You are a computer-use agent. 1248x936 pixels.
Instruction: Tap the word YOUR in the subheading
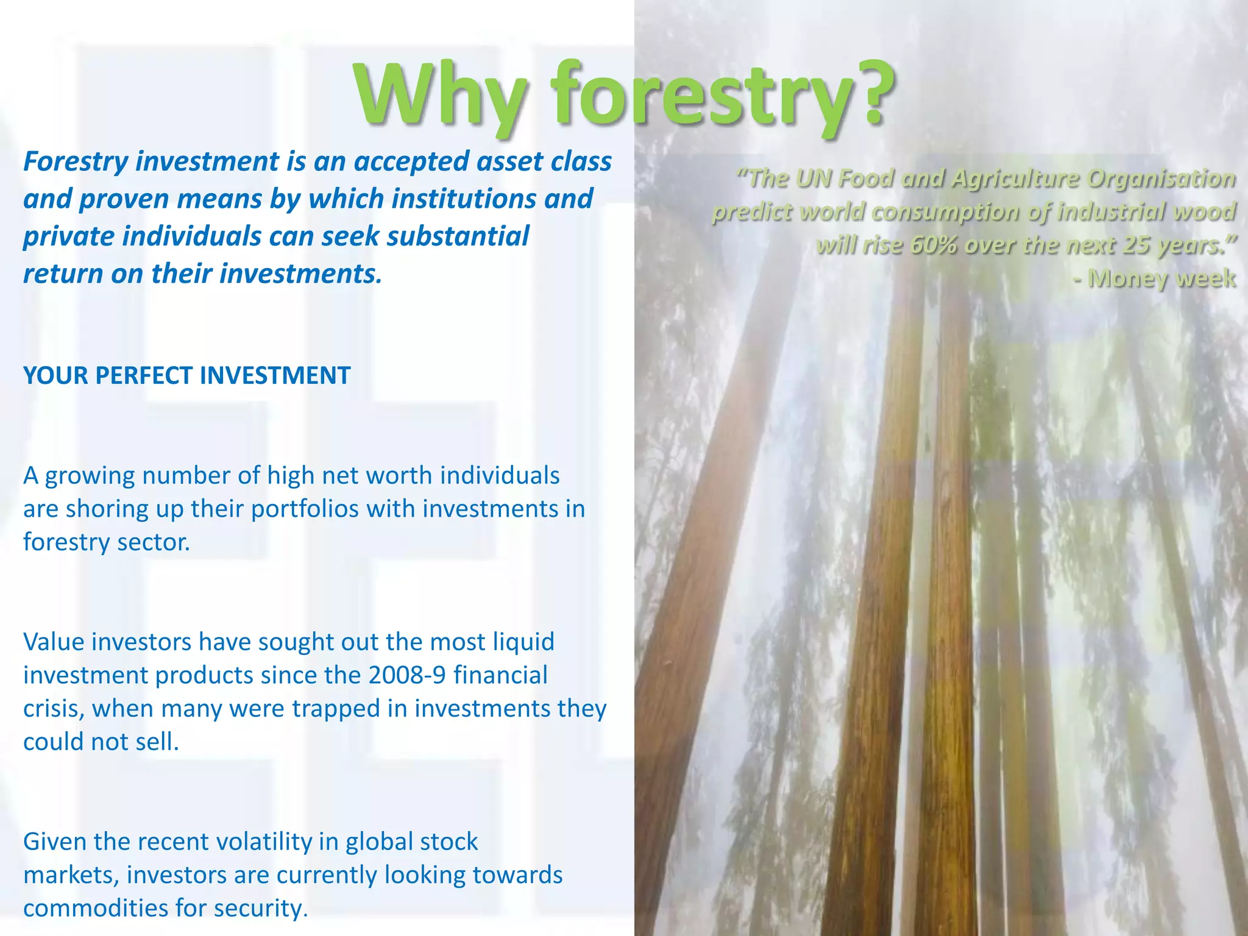pos(55,375)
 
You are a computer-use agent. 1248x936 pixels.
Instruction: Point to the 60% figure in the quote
pos(933,245)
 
